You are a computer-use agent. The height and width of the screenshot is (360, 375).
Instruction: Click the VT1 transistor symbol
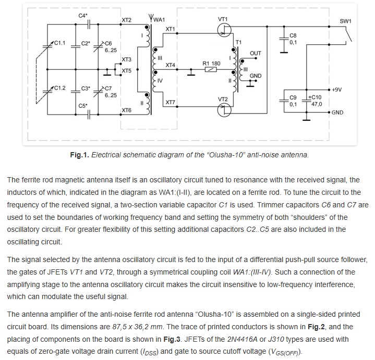tap(224, 30)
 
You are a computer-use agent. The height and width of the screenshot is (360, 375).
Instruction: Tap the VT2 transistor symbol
tap(224, 110)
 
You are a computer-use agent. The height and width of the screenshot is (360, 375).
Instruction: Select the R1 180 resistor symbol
tap(211, 69)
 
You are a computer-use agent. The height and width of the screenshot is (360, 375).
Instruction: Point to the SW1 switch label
tap(345, 21)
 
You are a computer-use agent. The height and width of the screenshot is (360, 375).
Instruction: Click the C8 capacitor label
tap(293, 35)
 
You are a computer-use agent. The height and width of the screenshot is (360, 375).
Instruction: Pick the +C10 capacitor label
tap(314, 97)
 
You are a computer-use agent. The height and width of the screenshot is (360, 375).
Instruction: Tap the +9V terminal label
tap(336, 90)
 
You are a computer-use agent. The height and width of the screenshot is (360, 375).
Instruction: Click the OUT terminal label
tap(256, 53)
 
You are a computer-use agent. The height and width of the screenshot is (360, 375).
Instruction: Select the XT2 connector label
tap(127, 20)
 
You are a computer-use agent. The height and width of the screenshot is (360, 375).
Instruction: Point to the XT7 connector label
tap(170, 103)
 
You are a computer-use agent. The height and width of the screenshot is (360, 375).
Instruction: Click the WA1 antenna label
tap(159, 20)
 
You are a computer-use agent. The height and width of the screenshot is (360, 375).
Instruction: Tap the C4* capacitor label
tap(83, 16)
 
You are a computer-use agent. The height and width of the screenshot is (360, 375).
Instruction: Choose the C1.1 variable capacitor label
tap(59, 43)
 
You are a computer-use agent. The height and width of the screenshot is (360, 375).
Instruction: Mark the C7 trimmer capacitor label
tap(108, 89)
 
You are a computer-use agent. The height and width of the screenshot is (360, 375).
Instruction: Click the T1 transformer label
tap(238, 42)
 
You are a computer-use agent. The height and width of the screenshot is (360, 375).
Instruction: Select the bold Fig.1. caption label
tap(80, 155)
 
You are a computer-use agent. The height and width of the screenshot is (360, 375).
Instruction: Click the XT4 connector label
tap(170, 65)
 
